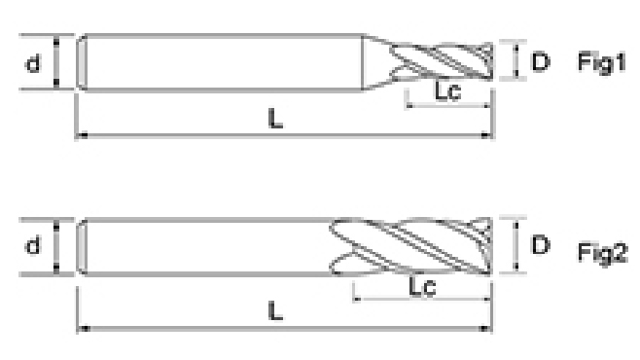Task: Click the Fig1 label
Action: coord(601,63)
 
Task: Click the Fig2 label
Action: coord(602,253)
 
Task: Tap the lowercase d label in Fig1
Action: coord(33,63)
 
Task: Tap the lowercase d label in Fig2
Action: coord(33,246)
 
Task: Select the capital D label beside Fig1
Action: coord(541,61)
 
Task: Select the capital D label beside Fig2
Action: coord(541,245)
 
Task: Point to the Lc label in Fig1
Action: coord(447,90)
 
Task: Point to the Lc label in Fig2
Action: coord(422,286)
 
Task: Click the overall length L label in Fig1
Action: coord(275,119)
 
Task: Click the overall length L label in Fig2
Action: coord(275,311)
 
